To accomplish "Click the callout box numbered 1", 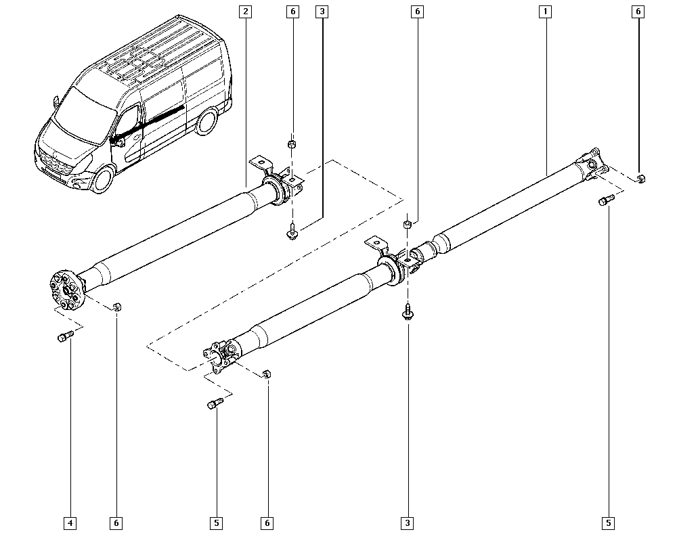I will tap(544, 12).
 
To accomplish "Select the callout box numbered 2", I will tap(245, 12).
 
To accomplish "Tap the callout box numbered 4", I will tap(70, 523).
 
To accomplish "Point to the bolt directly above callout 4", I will tap(64, 336).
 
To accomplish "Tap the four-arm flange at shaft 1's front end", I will tap(221, 354).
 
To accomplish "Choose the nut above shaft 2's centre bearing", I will tap(292, 144).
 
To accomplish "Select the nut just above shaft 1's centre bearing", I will tap(408, 225).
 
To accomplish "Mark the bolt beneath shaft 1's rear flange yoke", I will tap(606, 200).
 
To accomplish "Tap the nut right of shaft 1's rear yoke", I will tap(641, 179).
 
